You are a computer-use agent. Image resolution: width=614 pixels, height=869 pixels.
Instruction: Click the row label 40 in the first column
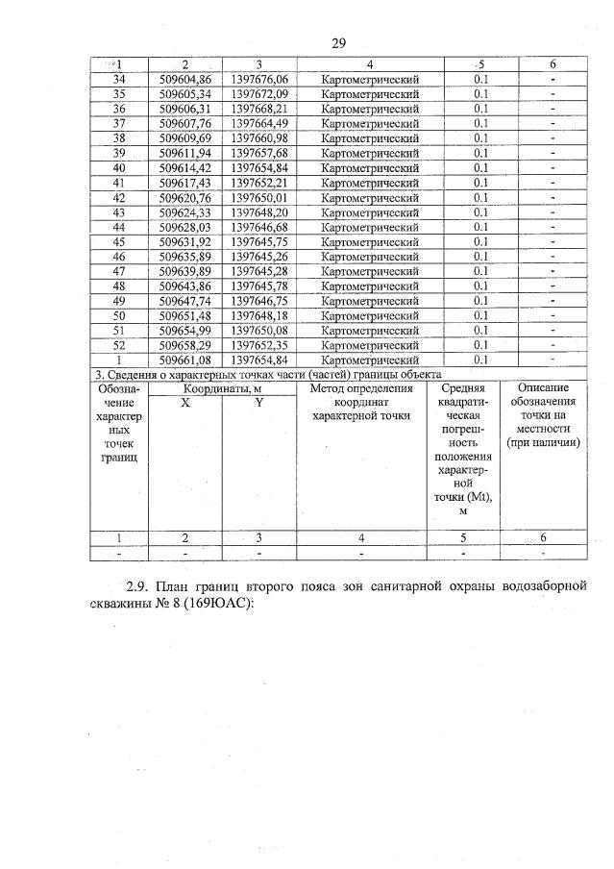119,167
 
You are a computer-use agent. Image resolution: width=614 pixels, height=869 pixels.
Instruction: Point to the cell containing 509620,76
185,197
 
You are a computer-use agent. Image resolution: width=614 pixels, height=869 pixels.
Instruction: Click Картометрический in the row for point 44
371,227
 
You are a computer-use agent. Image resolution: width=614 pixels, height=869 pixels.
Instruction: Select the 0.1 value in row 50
480,315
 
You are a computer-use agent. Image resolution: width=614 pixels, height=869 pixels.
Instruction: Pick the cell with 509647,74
185,301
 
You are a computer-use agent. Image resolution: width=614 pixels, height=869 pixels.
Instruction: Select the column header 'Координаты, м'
223,388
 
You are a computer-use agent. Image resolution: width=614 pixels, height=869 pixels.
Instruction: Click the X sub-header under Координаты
185,404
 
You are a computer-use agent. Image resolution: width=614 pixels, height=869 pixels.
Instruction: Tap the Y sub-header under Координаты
259,404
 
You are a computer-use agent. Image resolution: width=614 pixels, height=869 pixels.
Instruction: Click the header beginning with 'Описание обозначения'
543,415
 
